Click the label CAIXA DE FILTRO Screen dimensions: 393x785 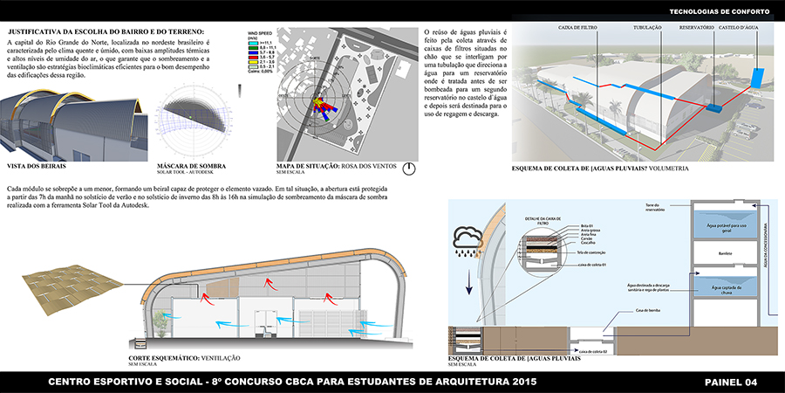click(577, 28)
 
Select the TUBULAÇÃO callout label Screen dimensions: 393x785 click(646, 28)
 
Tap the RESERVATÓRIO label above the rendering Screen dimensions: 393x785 click(696, 28)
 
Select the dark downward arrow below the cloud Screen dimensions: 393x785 click(469, 281)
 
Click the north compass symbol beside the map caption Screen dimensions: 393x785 click(409, 169)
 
